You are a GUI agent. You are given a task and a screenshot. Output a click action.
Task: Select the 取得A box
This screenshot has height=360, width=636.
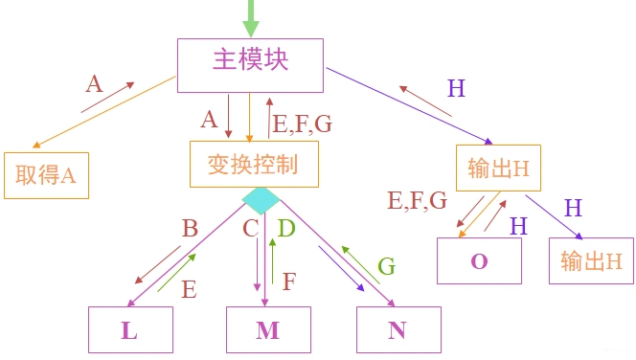pyautogui.click(x=46, y=174)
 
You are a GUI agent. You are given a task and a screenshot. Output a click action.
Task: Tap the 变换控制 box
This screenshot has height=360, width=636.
pyautogui.click(x=252, y=165)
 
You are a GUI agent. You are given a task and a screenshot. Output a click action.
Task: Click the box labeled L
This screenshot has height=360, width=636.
pyautogui.click(x=130, y=330)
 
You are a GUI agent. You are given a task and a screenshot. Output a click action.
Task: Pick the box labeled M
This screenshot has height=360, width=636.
pyautogui.click(x=268, y=330)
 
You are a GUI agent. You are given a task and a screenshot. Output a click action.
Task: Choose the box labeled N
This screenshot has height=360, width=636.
pyautogui.click(x=397, y=330)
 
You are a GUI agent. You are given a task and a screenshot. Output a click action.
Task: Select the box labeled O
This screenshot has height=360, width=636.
pyautogui.click(x=479, y=260)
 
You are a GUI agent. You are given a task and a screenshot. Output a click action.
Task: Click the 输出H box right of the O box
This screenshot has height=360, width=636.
pyautogui.click(x=591, y=260)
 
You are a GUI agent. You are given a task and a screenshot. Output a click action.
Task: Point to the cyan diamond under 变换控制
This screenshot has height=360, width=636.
pyautogui.click(x=261, y=200)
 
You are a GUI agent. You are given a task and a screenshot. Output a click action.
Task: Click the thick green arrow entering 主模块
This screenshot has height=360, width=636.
pyautogui.click(x=252, y=17)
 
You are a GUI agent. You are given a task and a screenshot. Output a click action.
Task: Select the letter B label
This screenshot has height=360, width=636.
pyautogui.click(x=190, y=229)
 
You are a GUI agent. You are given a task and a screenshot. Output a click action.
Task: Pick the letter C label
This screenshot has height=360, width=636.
pyautogui.click(x=251, y=229)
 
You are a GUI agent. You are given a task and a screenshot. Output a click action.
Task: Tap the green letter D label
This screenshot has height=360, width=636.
pyautogui.click(x=285, y=229)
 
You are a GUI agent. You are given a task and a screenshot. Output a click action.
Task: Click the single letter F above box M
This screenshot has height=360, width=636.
pyautogui.click(x=288, y=281)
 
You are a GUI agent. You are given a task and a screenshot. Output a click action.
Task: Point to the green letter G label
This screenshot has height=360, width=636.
pyautogui.click(x=386, y=266)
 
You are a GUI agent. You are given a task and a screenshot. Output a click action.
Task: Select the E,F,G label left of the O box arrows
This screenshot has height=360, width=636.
pyautogui.click(x=417, y=200)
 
